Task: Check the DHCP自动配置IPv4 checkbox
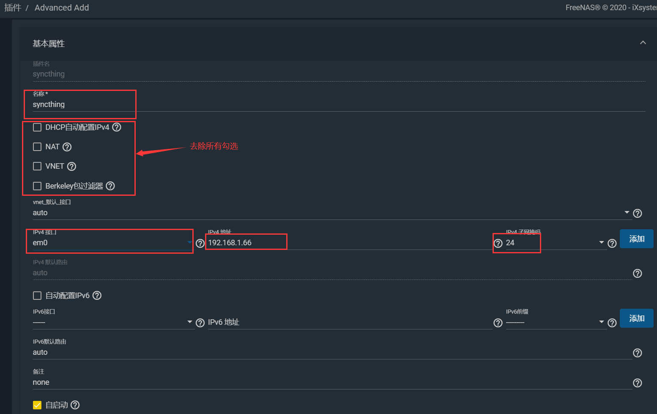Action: pyautogui.click(x=37, y=127)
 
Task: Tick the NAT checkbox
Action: pyautogui.click(x=37, y=147)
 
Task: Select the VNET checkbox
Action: pyautogui.click(x=37, y=166)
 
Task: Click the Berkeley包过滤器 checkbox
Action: pyautogui.click(x=37, y=186)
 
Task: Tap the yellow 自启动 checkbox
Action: pyautogui.click(x=37, y=405)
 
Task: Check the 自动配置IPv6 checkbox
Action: pyautogui.click(x=37, y=296)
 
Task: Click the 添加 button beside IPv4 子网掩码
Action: pyautogui.click(x=636, y=239)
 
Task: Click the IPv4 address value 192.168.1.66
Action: pyautogui.click(x=230, y=243)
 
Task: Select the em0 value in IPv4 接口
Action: pyautogui.click(x=40, y=243)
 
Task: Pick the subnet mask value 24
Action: pyautogui.click(x=510, y=243)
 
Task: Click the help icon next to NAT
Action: pyautogui.click(x=67, y=147)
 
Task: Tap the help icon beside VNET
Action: pyautogui.click(x=72, y=167)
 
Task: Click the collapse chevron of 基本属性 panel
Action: pyautogui.click(x=643, y=43)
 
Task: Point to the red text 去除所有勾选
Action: pyautogui.click(x=214, y=146)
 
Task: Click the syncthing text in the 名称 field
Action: pyautogui.click(x=49, y=104)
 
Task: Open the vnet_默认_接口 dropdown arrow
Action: pyautogui.click(x=627, y=212)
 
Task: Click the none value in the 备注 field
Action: pyautogui.click(x=41, y=382)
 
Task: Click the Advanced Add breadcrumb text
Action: pyautogui.click(x=62, y=8)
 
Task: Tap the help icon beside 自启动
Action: pyautogui.click(x=75, y=405)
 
